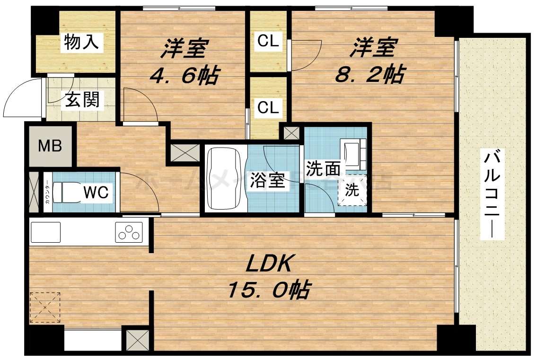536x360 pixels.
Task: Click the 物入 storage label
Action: pyautogui.click(x=81, y=43)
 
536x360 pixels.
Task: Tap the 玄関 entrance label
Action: pyautogui.click(x=82, y=100)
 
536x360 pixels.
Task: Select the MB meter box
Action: pyautogui.click(x=50, y=146)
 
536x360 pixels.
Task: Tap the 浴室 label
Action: pyautogui.click(x=267, y=180)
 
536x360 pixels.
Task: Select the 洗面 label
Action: pyautogui.click(x=323, y=168)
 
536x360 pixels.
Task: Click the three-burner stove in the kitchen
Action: pyautogui.click(x=129, y=232)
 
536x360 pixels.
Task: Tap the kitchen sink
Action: pyautogui.click(x=45, y=232)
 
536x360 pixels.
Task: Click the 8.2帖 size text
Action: pyautogui.click(x=369, y=74)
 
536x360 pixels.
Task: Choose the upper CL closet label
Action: pyautogui.click(x=268, y=42)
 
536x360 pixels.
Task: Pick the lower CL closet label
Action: pyautogui.click(x=268, y=107)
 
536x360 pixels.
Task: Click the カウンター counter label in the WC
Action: pyautogui.click(x=47, y=193)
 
